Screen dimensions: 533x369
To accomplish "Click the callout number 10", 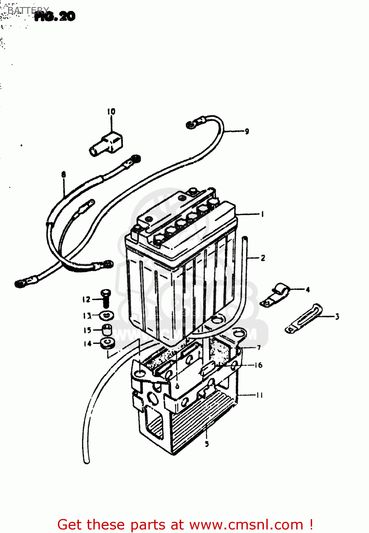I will pos(111,112).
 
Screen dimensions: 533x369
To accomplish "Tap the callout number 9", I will pos(247,131).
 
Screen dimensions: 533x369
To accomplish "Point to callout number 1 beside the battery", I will pos(262,214).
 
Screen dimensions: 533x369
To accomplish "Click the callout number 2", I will pos(263,258).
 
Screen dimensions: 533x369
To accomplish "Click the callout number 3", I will pos(337,316).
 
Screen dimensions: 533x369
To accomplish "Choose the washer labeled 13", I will pos(106,315).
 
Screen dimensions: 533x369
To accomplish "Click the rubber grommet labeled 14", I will pos(107,343).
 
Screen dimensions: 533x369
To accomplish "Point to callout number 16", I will pos(258,365).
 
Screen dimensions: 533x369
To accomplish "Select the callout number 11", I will pos(259,395).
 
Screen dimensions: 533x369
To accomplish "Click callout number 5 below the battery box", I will pos(207,444).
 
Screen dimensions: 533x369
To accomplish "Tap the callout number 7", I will pos(259,348).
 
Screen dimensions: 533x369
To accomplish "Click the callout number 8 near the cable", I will pos(64,174).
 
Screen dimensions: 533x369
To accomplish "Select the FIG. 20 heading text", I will pos(55,16).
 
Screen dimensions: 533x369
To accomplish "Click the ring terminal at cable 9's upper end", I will pos(192,124).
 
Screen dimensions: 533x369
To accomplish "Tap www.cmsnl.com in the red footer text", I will pos(246,525).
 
